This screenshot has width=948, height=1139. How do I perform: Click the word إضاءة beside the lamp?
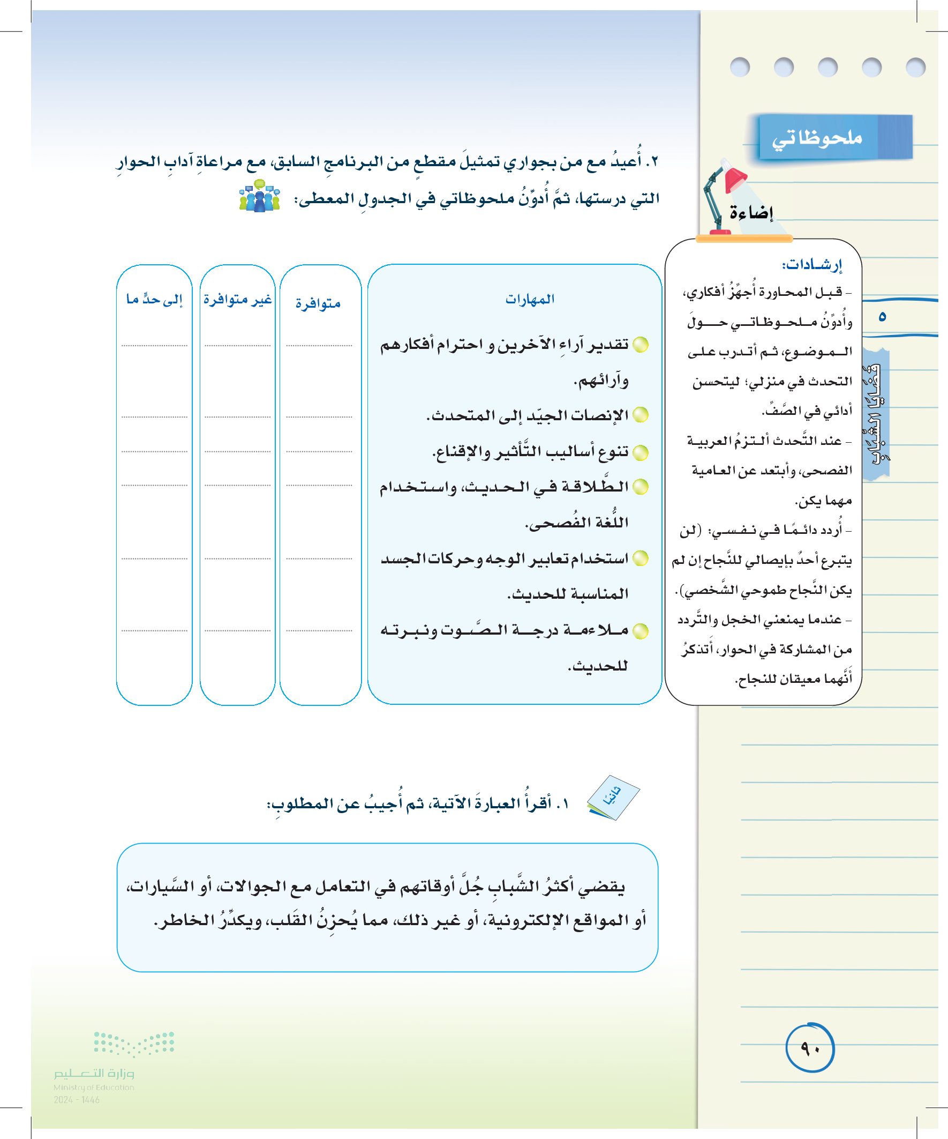tap(751, 213)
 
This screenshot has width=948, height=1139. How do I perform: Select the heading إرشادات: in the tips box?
tap(811, 265)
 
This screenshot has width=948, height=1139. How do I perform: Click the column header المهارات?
tap(530, 300)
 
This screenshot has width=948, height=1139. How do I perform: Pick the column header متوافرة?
tap(318, 303)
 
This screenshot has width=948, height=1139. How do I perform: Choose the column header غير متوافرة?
tap(237, 300)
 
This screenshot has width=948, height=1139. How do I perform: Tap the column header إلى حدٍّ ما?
tap(154, 300)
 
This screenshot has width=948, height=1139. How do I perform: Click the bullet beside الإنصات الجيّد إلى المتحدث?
tap(641, 415)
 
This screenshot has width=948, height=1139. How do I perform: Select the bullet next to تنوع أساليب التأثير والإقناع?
tap(641, 452)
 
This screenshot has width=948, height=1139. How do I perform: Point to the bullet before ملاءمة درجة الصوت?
tap(641, 631)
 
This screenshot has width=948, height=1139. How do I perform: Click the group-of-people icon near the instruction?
tap(260, 196)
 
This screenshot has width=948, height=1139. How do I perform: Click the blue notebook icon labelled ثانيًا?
tap(613, 798)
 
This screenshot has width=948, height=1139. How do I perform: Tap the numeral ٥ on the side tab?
tap(882, 316)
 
